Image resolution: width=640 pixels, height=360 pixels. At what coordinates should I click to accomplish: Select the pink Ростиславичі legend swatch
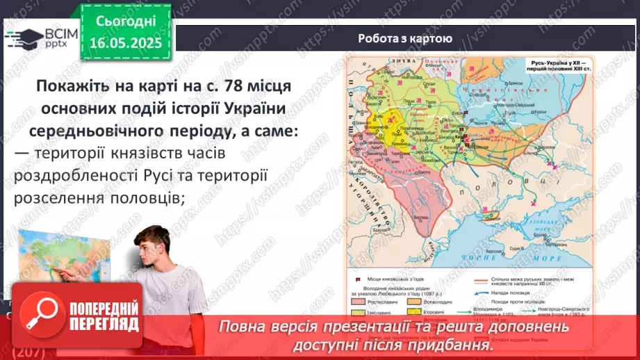click(x=361, y=302)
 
